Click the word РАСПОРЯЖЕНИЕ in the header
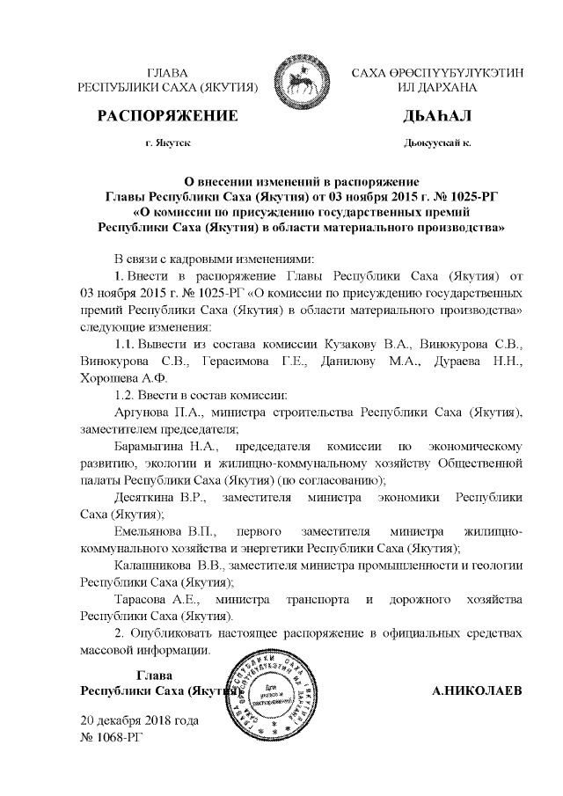(167, 116)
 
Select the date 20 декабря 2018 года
(139, 720)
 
